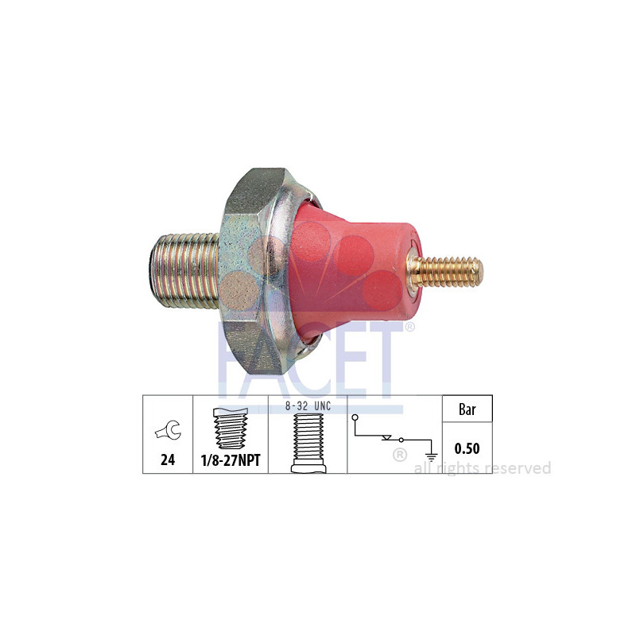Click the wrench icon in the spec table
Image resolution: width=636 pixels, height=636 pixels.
(167, 432)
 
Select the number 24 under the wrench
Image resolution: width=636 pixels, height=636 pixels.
(167, 460)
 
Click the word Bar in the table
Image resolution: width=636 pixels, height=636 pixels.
(467, 410)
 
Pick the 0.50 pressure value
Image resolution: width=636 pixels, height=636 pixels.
(467, 448)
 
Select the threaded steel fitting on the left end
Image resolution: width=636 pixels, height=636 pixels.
(184, 270)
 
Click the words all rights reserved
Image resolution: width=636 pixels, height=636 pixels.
(483, 468)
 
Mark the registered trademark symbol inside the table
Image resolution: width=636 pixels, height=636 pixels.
(400, 456)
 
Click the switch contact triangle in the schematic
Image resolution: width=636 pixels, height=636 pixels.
(388, 438)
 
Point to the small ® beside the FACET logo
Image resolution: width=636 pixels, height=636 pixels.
(409, 327)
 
